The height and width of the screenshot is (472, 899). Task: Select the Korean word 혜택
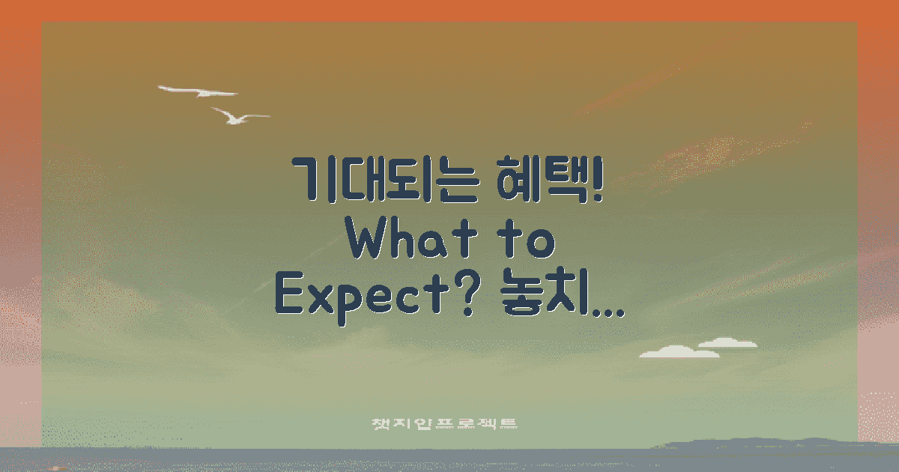click(x=535, y=180)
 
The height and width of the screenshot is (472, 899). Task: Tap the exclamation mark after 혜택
click(x=597, y=180)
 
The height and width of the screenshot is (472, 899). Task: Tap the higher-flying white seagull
click(x=198, y=91)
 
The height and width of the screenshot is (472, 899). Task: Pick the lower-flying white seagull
click(x=237, y=116)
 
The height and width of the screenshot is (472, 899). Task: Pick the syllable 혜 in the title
click(x=515, y=180)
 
